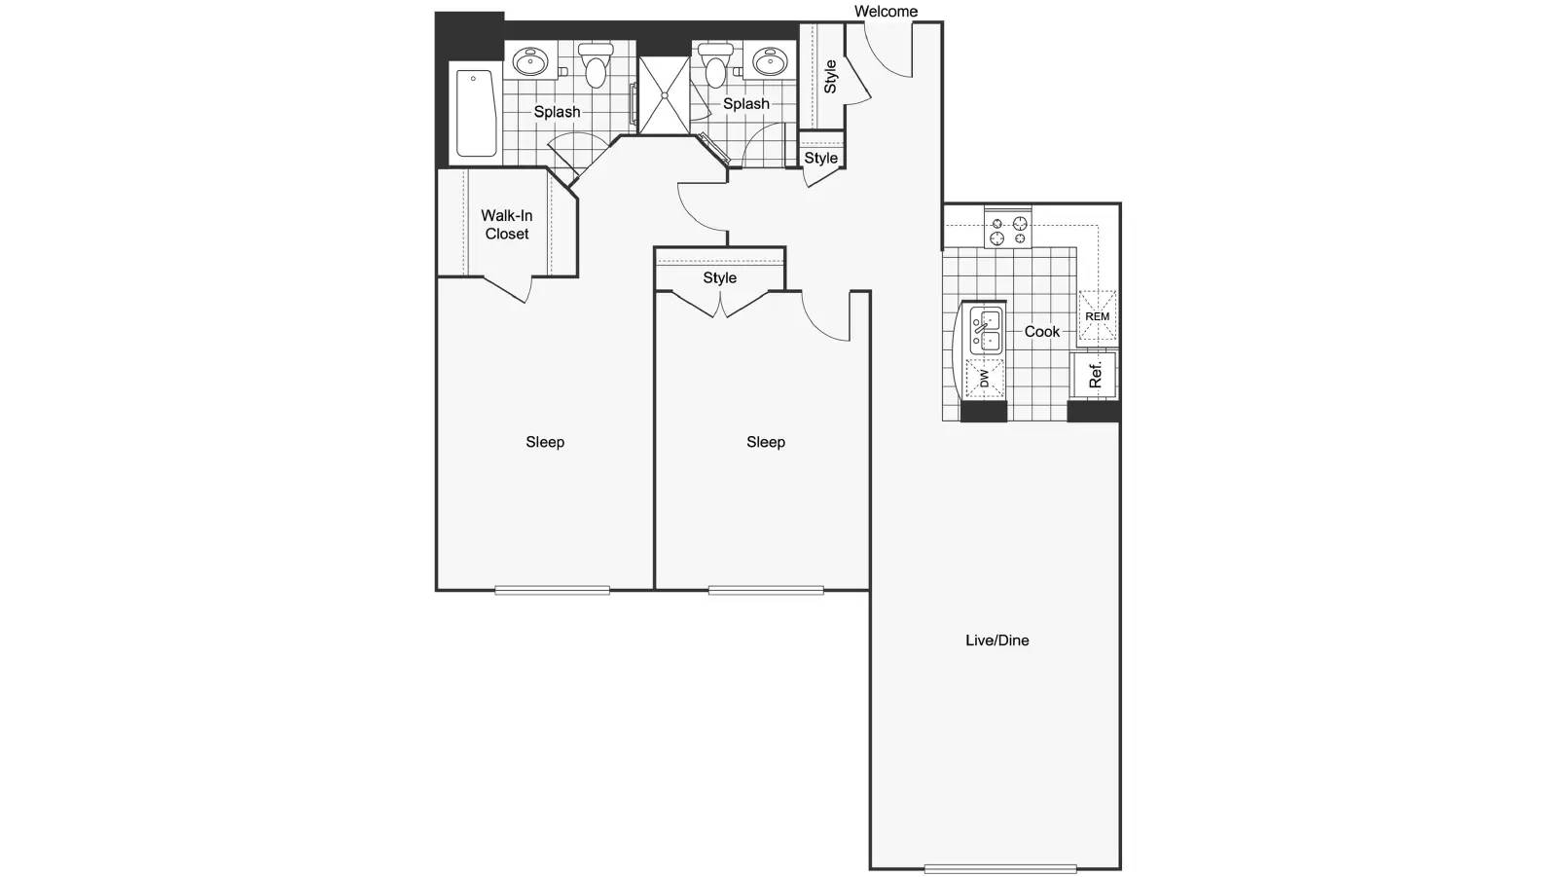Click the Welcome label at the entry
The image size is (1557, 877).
click(886, 11)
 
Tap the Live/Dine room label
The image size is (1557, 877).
click(996, 640)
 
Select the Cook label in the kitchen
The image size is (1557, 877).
click(1042, 332)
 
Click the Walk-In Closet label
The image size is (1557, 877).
click(507, 225)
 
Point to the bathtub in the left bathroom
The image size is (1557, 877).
click(476, 114)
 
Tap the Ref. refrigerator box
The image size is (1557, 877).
click(1094, 375)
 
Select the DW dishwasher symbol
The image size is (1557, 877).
click(984, 379)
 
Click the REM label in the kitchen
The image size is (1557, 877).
click(1098, 316)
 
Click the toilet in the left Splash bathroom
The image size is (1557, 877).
click(596, 65)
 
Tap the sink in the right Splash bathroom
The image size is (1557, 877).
click(770, 61)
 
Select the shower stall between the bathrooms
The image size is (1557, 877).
click(664, 95)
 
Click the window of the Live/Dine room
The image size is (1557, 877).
click(1000, 868)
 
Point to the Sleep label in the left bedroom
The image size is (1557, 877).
click(545, 442)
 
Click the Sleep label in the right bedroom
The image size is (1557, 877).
click(765, 442)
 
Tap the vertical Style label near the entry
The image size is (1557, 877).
click(830, 77)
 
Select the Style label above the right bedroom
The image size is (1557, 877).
click(719, 277)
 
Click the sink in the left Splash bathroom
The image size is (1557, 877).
click(530, 62)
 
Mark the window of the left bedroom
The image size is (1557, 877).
click(552, 591)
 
